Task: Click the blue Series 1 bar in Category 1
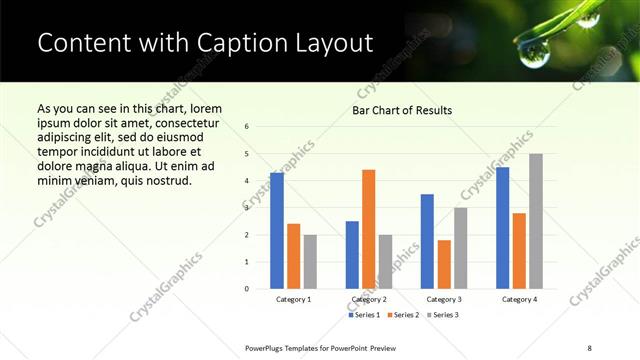[277, 231]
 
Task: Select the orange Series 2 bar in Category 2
[368, 229]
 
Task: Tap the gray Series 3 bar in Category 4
[536, 221]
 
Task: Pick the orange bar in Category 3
[444, 264]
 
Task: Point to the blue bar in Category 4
[502, 228]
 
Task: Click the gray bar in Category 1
[310, 262]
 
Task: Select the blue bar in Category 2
[352, 255]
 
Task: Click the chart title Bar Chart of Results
[402, 110]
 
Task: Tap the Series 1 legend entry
[364, 315]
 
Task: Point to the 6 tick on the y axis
[247, 127]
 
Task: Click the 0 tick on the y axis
[247, 289]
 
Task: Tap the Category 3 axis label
[444, 299]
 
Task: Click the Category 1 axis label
[293, 299]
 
